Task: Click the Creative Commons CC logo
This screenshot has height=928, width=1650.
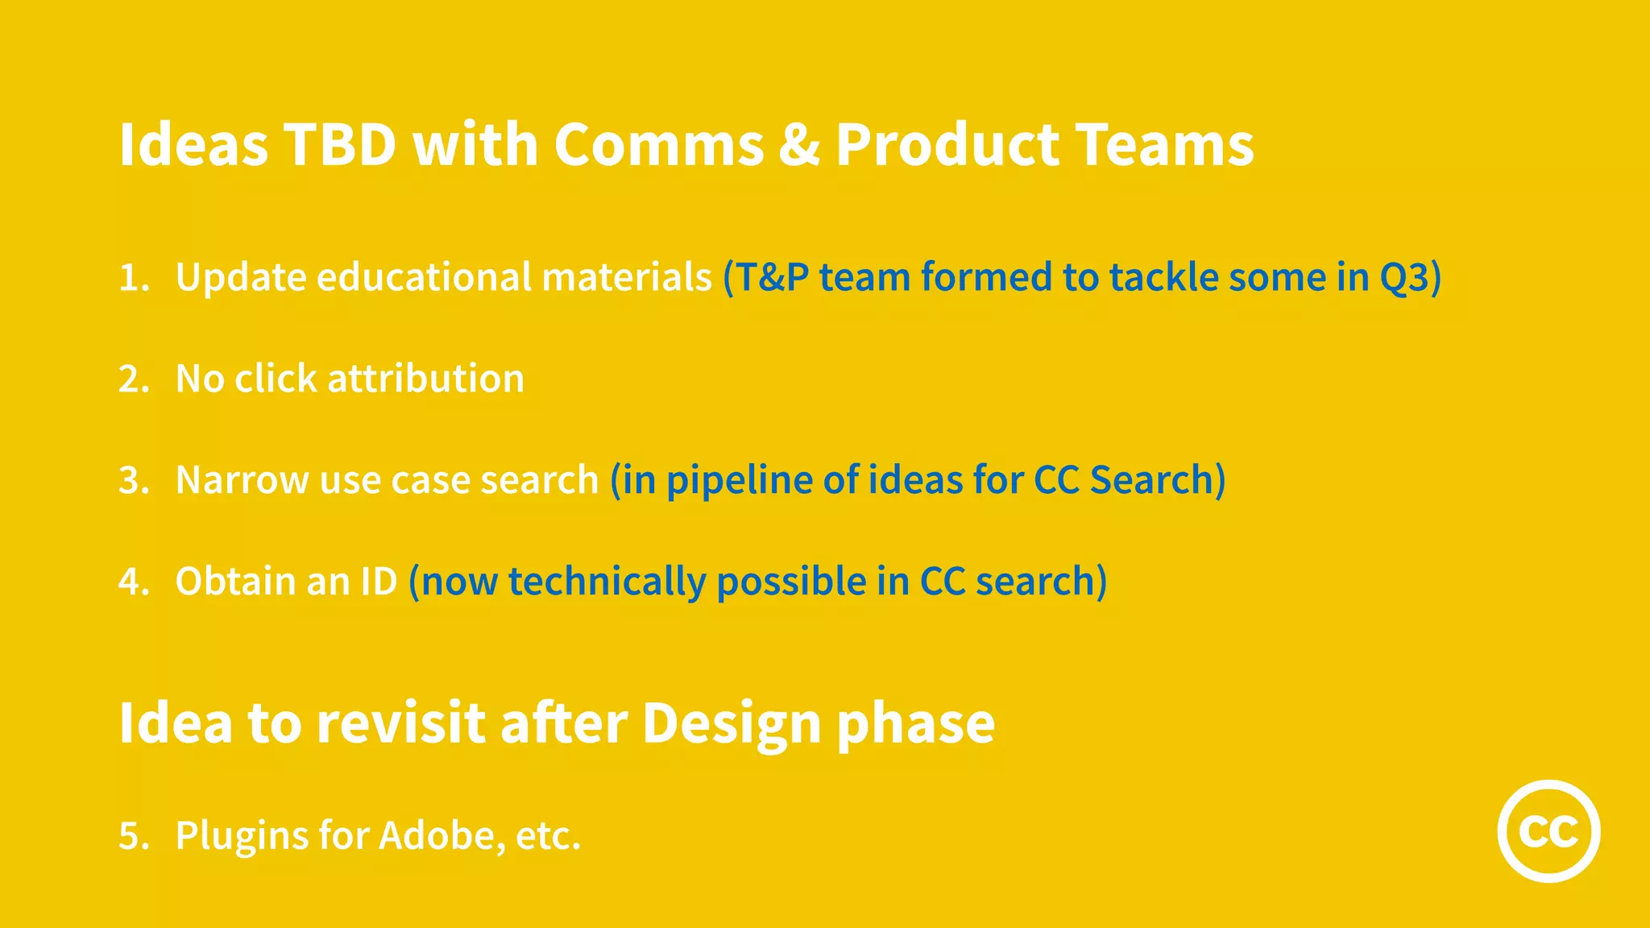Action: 1548,831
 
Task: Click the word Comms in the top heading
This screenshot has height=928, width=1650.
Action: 658,145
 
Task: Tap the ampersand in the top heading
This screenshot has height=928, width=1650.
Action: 798,145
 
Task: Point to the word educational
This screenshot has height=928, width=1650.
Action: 424,277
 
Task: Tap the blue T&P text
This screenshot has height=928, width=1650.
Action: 772,277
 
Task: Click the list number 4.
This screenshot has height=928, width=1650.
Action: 133,582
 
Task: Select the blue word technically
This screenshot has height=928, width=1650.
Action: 606,582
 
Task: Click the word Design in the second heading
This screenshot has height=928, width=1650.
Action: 731,723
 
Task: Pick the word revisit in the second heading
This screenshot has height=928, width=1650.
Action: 400,723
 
